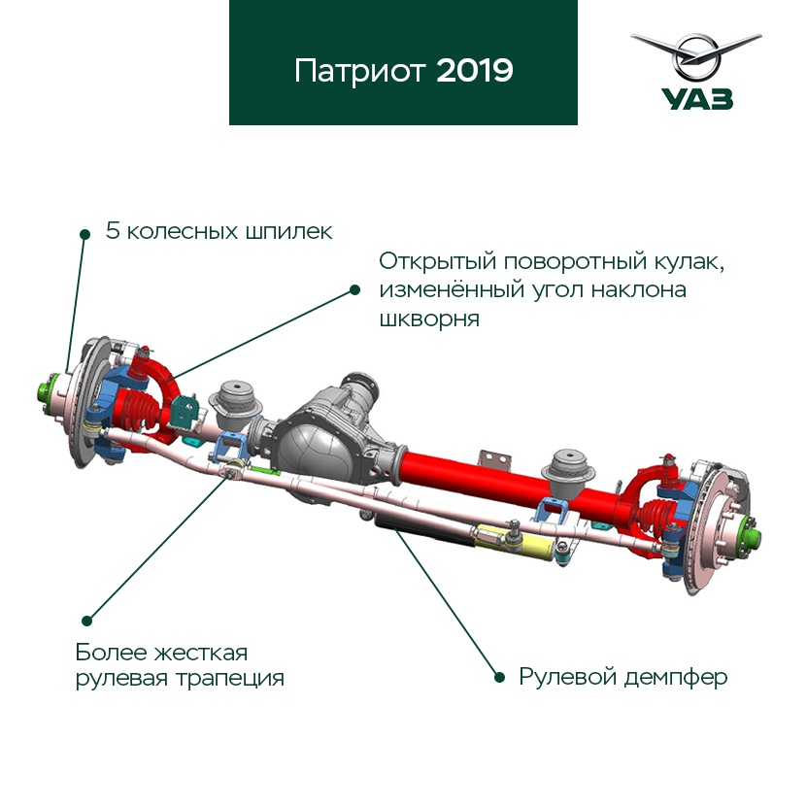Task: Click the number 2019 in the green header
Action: pos(475,71)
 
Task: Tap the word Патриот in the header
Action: pos(360,72)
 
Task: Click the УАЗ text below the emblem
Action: pos(697,99)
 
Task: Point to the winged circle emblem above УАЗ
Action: pos(696,55)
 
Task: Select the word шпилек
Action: pos(288,232)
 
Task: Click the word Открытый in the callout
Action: pos(437,262)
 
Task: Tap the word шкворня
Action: pos(429,319)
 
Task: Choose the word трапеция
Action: pos(230,679)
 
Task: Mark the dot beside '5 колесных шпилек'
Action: pos(85,235)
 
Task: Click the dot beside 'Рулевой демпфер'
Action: pos(499,677)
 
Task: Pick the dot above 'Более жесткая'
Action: pos(87,621)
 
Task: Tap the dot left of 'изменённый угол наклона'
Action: pos(354,289)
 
